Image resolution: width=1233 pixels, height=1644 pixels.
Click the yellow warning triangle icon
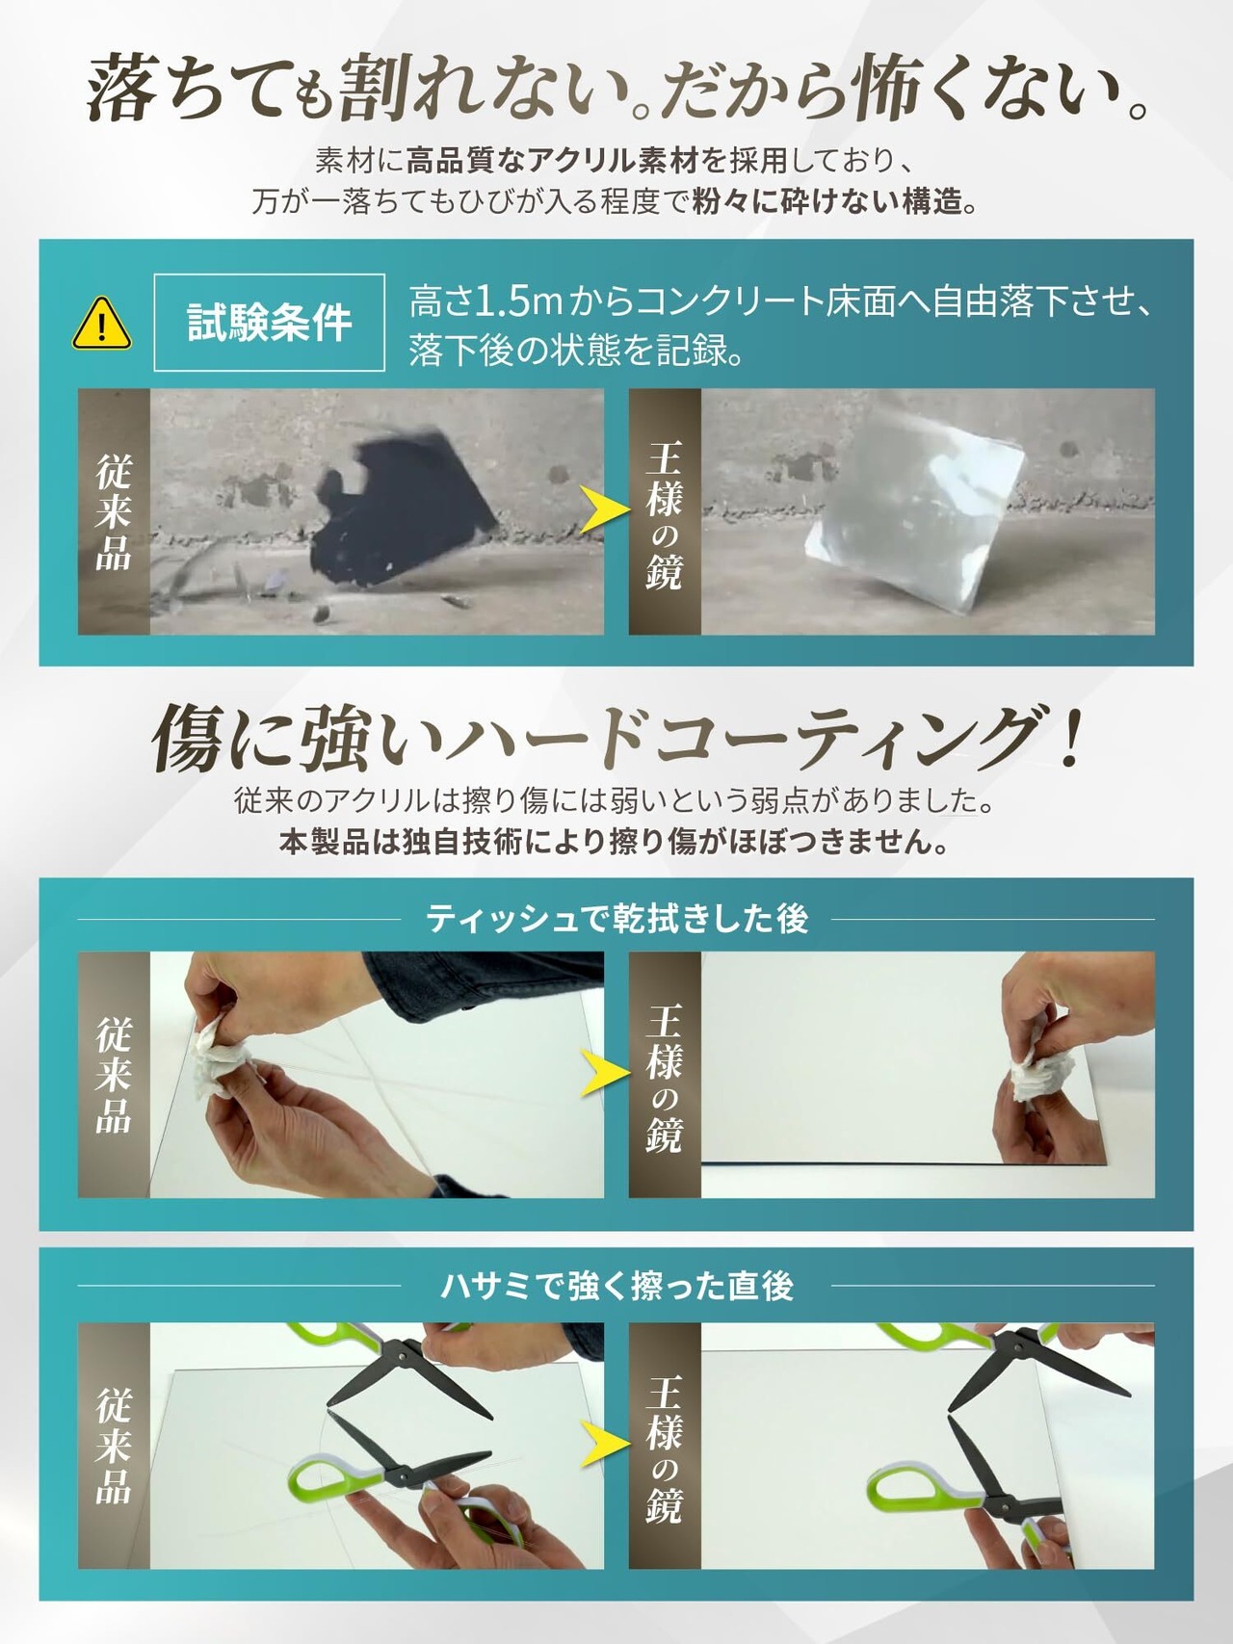pos(102,324)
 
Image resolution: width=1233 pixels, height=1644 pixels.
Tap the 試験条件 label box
pos(270,323)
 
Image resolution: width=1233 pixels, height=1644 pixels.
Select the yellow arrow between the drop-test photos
pos(604,510)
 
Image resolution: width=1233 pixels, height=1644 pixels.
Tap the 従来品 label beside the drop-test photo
pos(114,512)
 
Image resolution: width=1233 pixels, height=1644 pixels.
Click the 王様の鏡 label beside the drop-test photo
pos(665,512)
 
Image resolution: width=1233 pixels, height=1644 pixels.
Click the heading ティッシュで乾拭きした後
pos(616,919)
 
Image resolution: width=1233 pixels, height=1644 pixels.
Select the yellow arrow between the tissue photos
pos(604,1073)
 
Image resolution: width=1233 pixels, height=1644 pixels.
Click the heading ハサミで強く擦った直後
pos(616,1286)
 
